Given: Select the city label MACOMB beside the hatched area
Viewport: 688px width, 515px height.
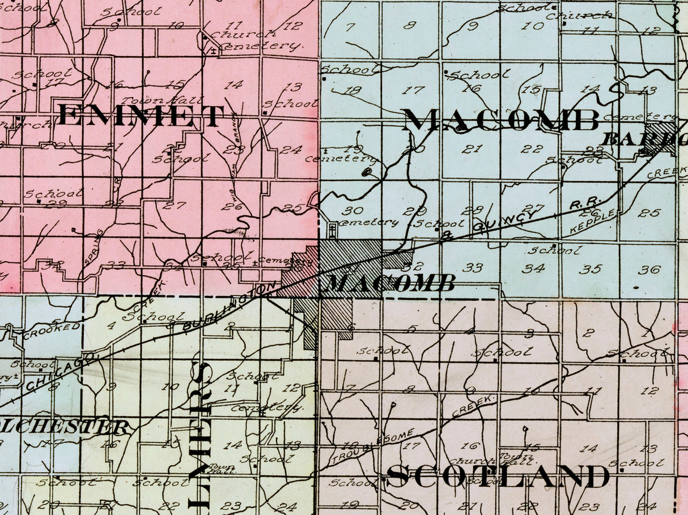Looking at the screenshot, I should coord(392,283).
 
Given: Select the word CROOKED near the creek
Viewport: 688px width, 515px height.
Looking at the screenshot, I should coord(52,330).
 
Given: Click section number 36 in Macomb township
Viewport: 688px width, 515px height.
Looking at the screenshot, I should coord(649,270).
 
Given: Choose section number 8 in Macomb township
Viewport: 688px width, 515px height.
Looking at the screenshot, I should coord(409,25).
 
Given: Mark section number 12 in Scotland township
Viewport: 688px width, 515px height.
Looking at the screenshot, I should coord(651,390).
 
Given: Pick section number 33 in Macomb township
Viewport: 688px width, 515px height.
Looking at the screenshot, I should coord(472,267).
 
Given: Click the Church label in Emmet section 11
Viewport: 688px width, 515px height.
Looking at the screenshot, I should coord(242,33).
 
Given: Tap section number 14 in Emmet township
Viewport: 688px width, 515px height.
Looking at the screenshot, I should coord(233,86).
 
